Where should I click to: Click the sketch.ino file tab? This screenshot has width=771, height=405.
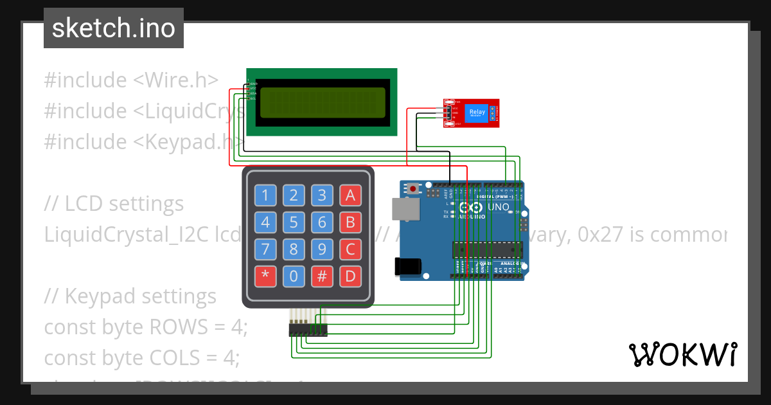(x=113, y=28)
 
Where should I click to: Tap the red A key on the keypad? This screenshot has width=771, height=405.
(x=350, y=195)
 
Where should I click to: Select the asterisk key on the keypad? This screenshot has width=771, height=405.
(x=265, y=277)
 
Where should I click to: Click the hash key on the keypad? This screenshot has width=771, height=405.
(x=322, y=277)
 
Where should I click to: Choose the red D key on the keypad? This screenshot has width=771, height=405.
(x=350, y=277)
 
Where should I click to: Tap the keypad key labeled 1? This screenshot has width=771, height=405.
(x=265, y=195)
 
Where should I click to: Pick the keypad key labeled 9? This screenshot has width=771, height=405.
(x=322, y=249)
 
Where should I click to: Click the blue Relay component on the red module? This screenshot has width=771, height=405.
(x=477, y=113)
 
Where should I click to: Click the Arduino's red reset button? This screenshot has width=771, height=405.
(x=412, y=189)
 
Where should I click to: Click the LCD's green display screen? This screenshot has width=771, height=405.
(x=322, y=102)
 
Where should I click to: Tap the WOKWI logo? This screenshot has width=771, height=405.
(x=682, y=355)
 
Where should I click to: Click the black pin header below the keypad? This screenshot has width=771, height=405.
(x=308, y=330)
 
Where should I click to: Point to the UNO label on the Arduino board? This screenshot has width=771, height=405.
(x=498, y=208)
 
